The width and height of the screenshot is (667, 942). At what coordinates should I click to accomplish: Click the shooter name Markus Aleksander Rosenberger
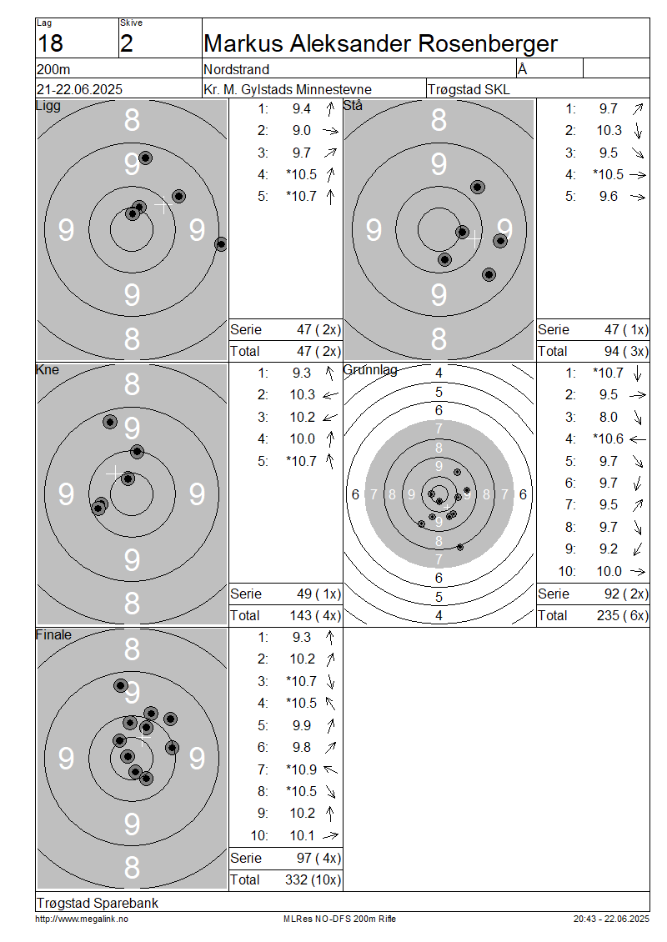[x=380, y=44]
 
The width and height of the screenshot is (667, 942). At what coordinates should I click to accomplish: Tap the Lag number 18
[x=50, y=44]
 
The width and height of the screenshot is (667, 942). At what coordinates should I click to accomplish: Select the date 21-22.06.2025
[x=79, y=89]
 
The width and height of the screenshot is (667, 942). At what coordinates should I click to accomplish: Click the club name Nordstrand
[x=236, y=69]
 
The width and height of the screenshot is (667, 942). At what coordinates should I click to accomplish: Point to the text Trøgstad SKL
[x=469, y=89]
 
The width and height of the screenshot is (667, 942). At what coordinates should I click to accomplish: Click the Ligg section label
[x=48, y=107]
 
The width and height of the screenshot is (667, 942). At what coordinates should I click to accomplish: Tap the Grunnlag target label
[x=370, y=370]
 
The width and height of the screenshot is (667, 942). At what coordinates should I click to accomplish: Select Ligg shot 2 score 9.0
[x=302, y=130]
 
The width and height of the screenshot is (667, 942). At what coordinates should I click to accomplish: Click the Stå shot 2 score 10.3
[x=609, y=130]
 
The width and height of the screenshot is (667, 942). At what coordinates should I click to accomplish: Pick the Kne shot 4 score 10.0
[x=303, y=439]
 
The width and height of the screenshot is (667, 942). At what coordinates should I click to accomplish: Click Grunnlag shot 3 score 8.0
[x=608, y=417]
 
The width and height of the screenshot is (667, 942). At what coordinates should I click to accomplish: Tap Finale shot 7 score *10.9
[x=301, y=769]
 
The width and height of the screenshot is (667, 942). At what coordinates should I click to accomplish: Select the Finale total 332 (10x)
[x=313, y=880]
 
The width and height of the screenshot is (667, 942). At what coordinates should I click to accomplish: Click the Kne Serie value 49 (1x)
[x=318, y=594]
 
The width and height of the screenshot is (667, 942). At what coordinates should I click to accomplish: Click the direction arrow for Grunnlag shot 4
[x=638, y=440]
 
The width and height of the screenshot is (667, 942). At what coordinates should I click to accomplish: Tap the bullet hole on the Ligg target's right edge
[x=221, y=244]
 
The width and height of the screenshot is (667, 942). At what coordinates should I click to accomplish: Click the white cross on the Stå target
[x=474, y=239]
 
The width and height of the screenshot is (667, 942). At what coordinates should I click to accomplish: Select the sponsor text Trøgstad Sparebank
[x=98, y=903]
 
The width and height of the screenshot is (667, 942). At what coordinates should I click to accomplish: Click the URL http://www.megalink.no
[x=82, y=919]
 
